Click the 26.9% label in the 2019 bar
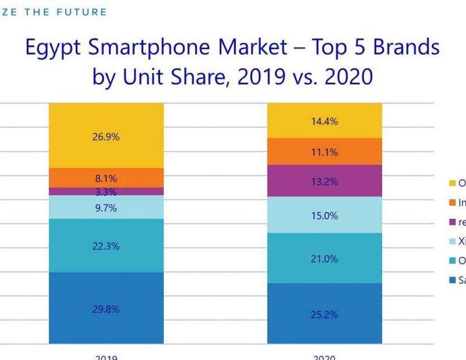pos(106,137)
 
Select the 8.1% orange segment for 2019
pos(106,178)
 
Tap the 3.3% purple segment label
pos(106,192)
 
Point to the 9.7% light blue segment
pos(106,208)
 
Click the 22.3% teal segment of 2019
pos(106,246)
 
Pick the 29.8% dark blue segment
pos(106,309)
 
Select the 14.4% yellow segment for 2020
pos(324,122)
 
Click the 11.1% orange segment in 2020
pos(324,152)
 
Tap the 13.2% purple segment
pos(324,181)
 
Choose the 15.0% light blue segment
pos(324,216)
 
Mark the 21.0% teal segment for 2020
pos(324,259)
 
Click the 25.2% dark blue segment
pos(324,315)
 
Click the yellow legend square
pos(451,183)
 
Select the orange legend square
pos(451,203)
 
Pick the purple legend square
pos(451,222)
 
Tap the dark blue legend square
pos(451,280)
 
